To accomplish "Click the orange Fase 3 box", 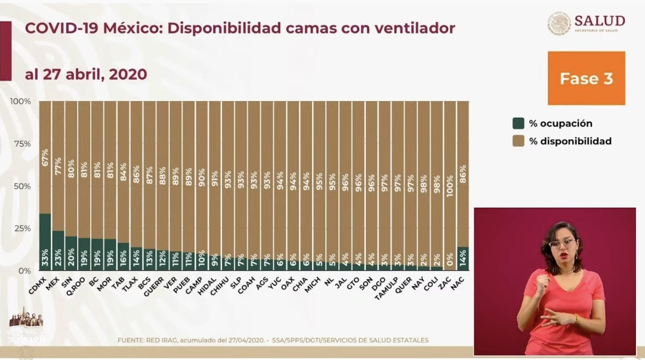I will click(x=586, y=78).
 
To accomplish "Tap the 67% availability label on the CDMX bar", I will click(x=45, y=157).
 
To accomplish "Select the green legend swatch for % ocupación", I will click(x=518, y=123).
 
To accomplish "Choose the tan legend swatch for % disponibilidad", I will click(x=518, y=141).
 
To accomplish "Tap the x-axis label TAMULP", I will click(x=386, y=288).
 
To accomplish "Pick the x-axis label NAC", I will click(x=457, y=284).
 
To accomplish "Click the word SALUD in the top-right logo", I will click(x=600, y=21).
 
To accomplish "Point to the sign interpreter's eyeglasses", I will click(x=562, y=243).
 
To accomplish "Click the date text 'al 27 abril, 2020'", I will click(x=86, y=75).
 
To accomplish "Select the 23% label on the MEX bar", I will click(x=58, y=257).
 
